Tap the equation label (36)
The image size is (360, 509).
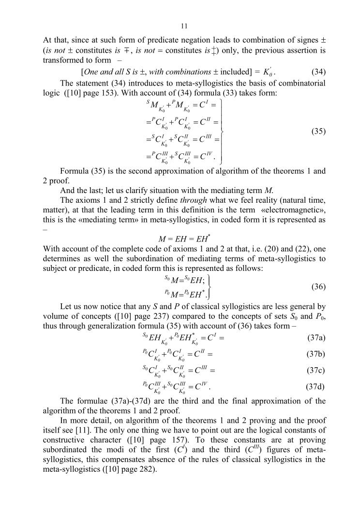click(318, 287)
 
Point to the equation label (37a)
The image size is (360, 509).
click(316, 337)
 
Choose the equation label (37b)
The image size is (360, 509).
click(316, 354)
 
